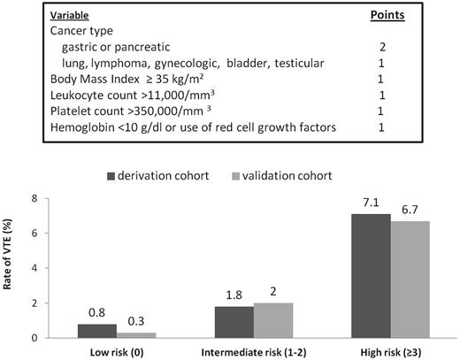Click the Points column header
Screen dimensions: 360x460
[x=387, y=15]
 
